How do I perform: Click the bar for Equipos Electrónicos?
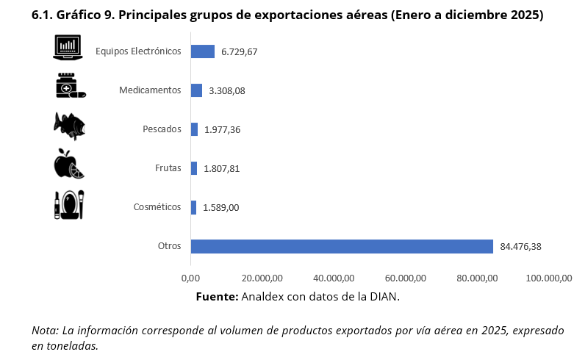tap(202, 51)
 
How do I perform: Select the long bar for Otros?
tap(342, 246)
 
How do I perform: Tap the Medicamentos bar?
tap(196, 90)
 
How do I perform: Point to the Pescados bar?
tap(194, 129)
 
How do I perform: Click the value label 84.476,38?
tap(520, 246)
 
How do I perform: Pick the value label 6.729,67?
tap(239, 52)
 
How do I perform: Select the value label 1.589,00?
tap(221, 208)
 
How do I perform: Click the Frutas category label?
tap(168, 168)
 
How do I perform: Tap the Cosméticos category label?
tap(157, 207)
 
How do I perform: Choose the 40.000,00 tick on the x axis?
tap(334, 278)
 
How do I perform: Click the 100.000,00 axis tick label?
tap(550, 278)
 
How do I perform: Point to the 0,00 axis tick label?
tap(190, 278)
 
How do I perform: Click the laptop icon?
tap(68, 48)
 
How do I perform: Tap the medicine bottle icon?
tap(69, 86)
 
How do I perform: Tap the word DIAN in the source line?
tap(383, 296)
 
